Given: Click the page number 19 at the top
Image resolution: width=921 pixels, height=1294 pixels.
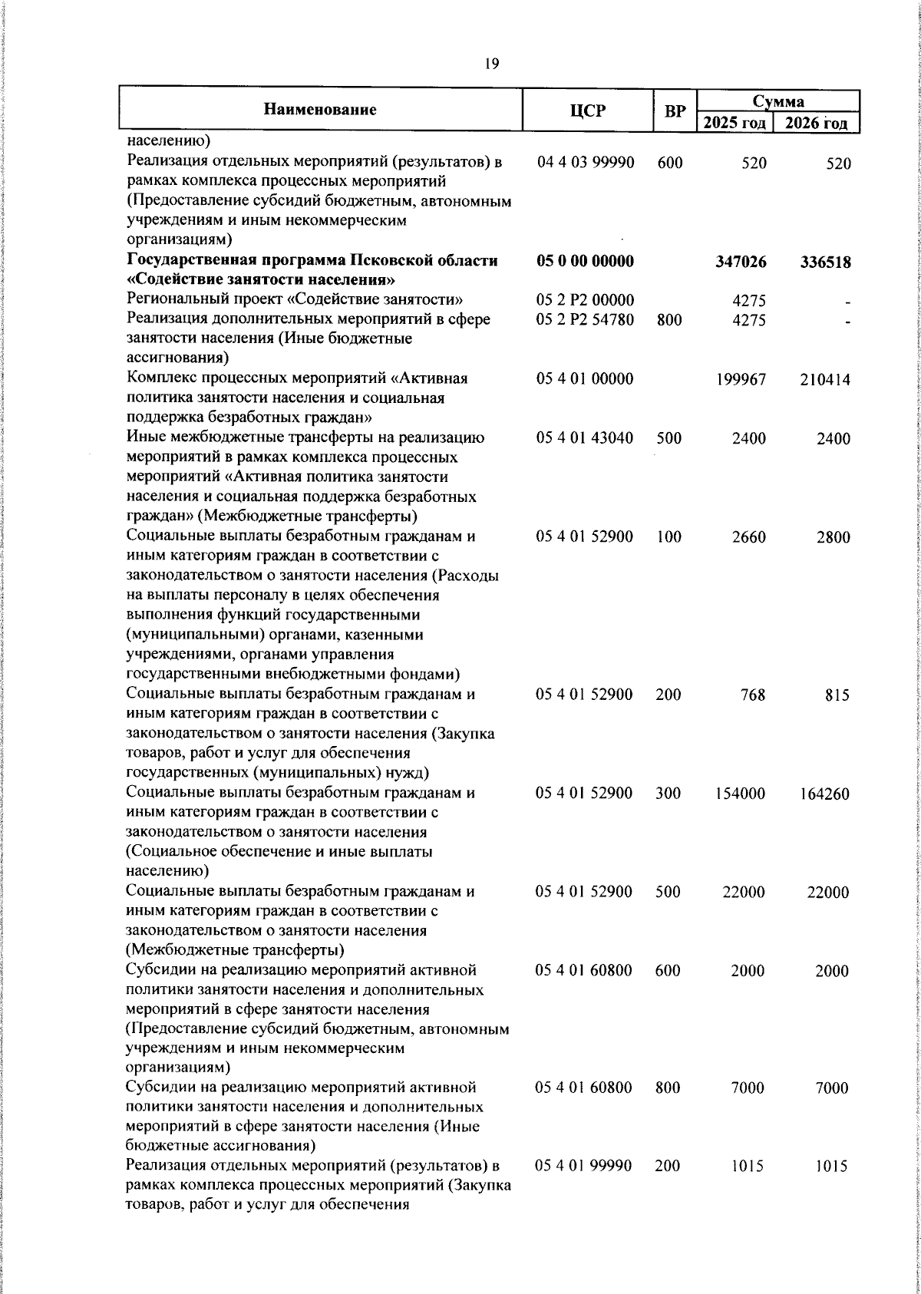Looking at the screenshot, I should click(492, 64).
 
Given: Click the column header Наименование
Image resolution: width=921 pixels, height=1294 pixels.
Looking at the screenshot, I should click(320, 110).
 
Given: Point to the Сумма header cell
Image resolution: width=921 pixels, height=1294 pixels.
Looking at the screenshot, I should click(777, 101).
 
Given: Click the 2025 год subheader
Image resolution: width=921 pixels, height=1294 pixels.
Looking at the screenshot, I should click(734, 123).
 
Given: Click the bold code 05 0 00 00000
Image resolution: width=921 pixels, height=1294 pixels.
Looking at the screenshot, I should click(585, 261).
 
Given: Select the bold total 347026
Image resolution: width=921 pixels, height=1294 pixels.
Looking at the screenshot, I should click(740, 262).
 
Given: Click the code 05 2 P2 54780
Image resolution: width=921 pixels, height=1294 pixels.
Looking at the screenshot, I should click(585, 319).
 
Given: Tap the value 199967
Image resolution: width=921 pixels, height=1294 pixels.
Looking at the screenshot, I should click(740, 379).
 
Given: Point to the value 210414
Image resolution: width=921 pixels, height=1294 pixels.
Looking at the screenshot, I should click(824, 379).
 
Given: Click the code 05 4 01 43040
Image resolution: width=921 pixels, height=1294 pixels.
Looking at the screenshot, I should click(585, 438).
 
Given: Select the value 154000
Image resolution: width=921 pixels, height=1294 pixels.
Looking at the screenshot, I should click(740, 794).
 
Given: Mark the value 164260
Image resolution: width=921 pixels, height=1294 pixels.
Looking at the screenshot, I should click(824, 794).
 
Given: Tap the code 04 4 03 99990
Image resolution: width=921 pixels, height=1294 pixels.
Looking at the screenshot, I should click(585, 163).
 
